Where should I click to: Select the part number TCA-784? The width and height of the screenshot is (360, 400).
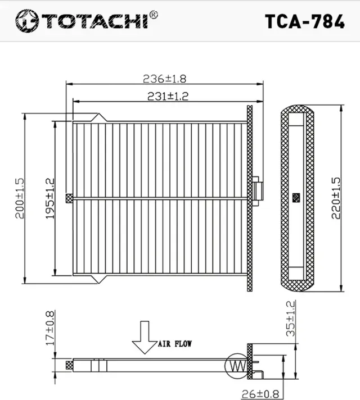304,21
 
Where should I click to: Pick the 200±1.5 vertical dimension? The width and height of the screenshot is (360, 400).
20,198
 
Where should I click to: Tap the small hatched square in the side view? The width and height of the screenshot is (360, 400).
296,198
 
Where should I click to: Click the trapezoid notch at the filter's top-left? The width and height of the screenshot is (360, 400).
99,117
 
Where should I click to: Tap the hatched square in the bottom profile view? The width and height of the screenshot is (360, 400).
70,365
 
